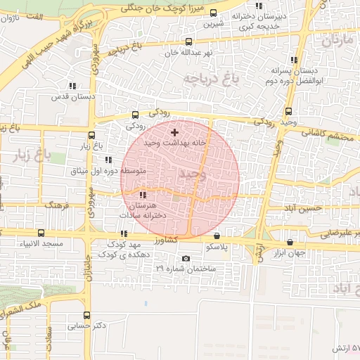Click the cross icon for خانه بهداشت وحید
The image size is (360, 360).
point(175,131)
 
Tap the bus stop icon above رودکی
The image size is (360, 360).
point(136,115)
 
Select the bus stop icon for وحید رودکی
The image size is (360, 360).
point(289,111)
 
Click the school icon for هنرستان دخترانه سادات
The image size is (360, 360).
point(143,195)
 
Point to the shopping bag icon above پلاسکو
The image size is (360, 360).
point(216,236)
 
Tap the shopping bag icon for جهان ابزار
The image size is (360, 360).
point(290,242)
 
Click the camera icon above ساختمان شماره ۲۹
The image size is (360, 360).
point(186,258)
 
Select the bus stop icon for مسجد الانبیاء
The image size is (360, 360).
point(40,232)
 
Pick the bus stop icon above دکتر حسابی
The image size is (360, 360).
point(87,315)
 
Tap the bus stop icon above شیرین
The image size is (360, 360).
point(213,13)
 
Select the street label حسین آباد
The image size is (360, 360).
point(304,210)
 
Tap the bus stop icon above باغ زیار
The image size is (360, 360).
point(91,135)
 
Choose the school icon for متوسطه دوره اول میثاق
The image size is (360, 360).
point(108,160)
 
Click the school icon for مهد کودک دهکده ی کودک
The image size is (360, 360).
point(124,233)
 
